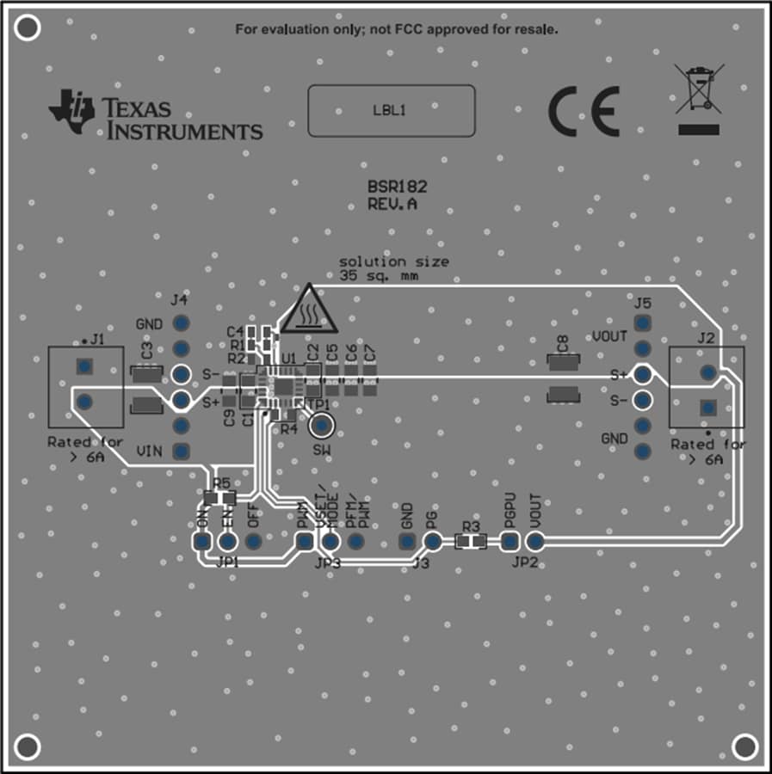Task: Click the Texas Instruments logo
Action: click(155, 115)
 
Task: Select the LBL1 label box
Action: click(392, 110)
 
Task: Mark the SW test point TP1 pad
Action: click(322, 425)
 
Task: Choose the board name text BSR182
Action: click(398, 187)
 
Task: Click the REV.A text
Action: click(392, 204)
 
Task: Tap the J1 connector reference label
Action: click(97, 340)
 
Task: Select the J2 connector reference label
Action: click(706, 338)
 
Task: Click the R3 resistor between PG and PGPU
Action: click(470, 541)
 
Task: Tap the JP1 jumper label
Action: click(228, 562)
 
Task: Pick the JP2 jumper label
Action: click(524, 562)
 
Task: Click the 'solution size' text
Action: click(393, 261)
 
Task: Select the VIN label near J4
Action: click(150, 450)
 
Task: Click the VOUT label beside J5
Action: click(609, 336)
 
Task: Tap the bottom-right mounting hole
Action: click(744, 746)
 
